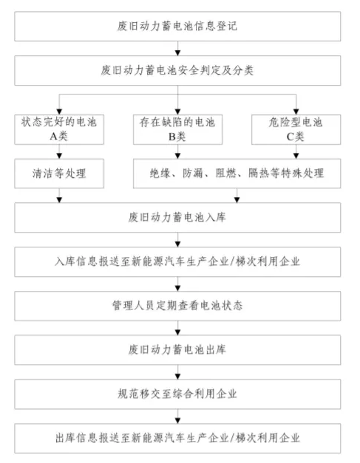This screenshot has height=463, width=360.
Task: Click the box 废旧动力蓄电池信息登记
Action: click(x=177, y=27)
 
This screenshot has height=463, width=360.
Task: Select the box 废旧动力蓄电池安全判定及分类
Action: click(x=177, y=71)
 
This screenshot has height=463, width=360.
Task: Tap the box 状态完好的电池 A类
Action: click(x=59, y=129)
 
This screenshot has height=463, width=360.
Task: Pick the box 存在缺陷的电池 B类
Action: click(x=177, y=129)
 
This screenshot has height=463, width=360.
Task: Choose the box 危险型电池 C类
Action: click(x=296, y=129)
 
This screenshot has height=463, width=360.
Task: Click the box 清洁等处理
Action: click(x=59, y=174)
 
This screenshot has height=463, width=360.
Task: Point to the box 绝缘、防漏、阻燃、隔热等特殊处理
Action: click(x=237, y=174)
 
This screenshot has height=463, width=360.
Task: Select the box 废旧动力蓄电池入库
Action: click(x=177, y=217)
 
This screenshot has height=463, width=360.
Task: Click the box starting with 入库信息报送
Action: click(x=177, y=261)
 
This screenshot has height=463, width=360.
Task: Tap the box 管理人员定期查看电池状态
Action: click(x=177, y=306)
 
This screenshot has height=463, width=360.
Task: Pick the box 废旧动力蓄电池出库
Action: click(x=177, y=350)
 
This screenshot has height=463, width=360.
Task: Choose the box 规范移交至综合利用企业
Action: click(x=177, y=394)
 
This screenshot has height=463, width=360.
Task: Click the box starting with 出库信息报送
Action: click(x=177, y=438)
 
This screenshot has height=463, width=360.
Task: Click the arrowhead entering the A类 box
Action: click(x=59, y=112)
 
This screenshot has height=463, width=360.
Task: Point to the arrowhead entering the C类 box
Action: click(x=296, y=112)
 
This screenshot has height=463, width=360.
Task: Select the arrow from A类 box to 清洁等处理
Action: click(x=59, y=151)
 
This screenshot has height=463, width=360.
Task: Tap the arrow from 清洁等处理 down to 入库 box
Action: click(x=59, y=196)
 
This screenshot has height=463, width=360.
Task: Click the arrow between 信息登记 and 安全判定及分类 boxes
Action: click(x=177, y=49)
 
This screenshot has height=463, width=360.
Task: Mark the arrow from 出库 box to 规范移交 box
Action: click(x=177, y=372)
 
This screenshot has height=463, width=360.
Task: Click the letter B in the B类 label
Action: click(x=172, y=137)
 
